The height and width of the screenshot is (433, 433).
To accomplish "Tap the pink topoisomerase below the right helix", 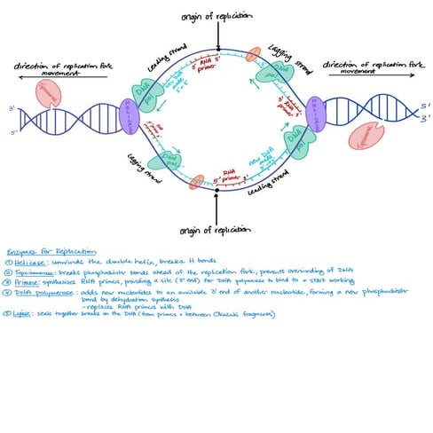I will (x=366, y=135).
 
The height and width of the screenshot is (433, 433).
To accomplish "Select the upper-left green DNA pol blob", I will (x=150, y=91).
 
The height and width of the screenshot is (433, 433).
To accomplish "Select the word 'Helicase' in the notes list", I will (x=28, y=264).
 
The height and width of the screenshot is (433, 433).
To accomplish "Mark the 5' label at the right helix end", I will (x=426, y=105).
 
